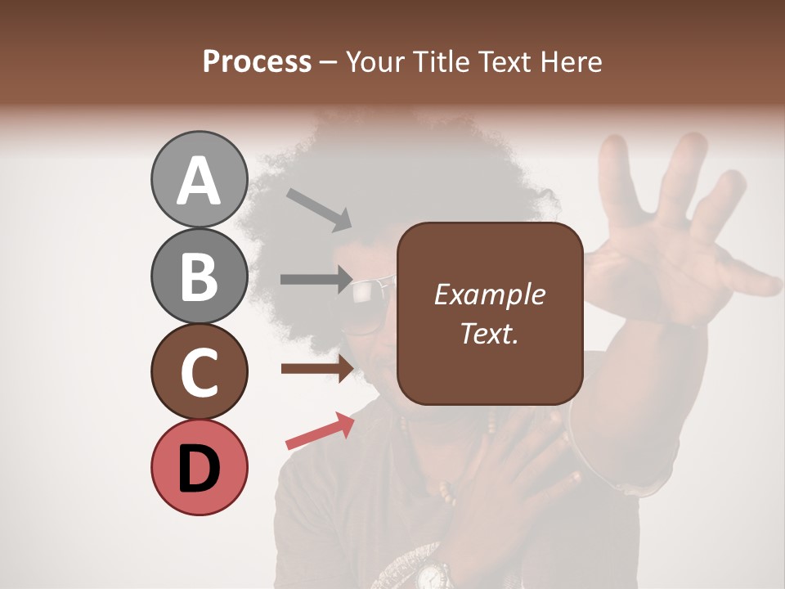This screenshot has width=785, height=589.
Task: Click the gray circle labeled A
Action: (199, 179)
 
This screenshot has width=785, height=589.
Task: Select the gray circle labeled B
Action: (199, 276)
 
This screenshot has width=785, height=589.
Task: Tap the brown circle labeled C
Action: (199, 371)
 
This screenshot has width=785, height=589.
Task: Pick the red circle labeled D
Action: (199, 467)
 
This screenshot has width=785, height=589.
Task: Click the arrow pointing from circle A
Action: (319, 209)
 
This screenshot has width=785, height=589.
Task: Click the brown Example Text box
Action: (489, 313)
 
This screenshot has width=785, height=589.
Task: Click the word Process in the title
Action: (257, 61)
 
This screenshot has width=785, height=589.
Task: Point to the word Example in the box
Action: (489, 294)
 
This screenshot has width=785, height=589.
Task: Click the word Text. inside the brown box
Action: (489, 333)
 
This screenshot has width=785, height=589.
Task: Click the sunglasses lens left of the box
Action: (370, 291)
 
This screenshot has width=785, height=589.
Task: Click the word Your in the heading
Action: (374, 61)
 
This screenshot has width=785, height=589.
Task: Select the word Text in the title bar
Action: (500, 61)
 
